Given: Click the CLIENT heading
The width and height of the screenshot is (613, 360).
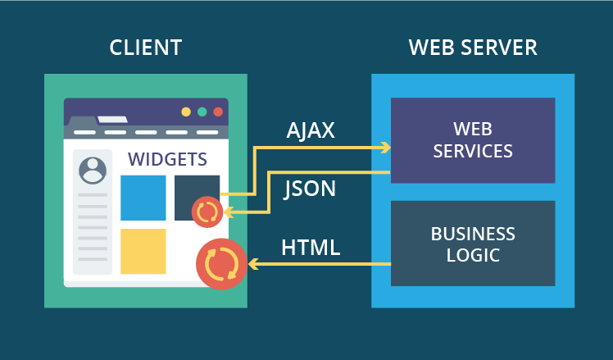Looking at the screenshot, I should [146, 48].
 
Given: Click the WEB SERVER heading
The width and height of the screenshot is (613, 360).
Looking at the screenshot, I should [473, 48].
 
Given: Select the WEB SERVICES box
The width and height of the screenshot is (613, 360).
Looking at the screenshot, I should [473, 140].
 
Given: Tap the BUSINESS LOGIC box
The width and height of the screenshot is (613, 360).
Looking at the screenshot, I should [473, 244].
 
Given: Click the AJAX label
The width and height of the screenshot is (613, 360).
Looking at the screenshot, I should [311, 130].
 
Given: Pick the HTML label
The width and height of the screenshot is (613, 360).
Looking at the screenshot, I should [311, 247].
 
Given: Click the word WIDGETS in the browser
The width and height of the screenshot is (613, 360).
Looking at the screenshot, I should [166, 158].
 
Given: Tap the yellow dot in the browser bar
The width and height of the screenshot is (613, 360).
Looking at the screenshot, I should [186, 112].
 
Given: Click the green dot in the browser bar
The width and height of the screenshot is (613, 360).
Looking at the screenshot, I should [202, 112].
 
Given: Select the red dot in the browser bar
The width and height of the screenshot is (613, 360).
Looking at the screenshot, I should [218, 112].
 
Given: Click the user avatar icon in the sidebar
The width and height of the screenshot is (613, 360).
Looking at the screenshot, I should [93, 170].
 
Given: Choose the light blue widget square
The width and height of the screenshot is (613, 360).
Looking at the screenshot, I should [143, 198].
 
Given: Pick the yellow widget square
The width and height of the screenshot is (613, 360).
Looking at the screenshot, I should [143, 251].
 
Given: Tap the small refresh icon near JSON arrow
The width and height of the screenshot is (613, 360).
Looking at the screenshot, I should [207, 212].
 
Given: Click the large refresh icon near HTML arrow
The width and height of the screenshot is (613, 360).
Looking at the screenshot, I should [222, 264].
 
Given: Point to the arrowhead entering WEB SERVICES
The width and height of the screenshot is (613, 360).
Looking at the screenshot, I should [384, 148].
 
